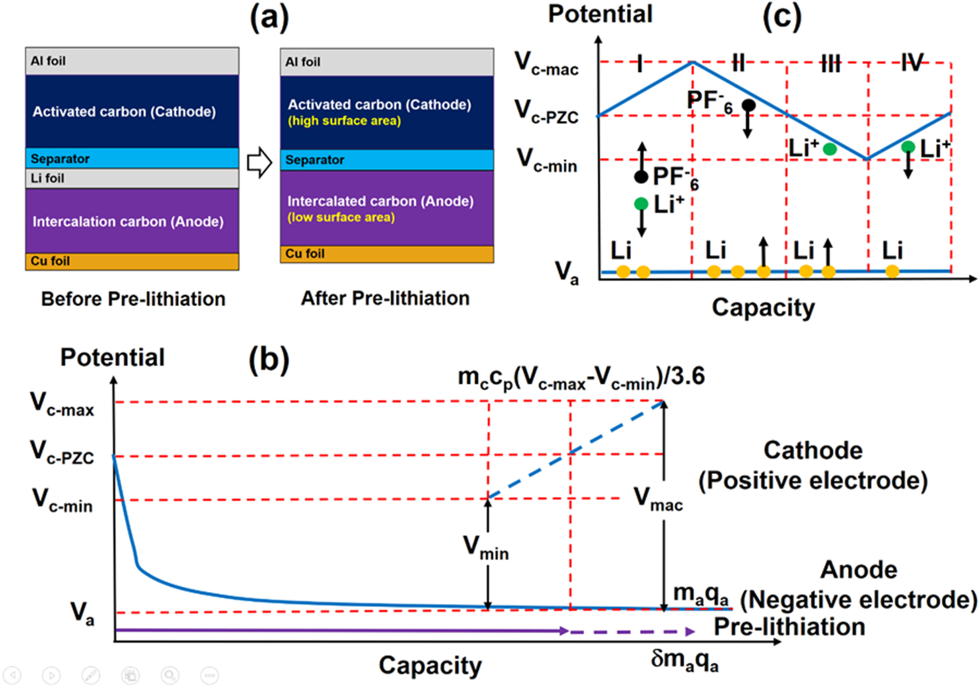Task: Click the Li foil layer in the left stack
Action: tap(132, 178)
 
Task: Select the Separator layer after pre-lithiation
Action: tap(387, 160)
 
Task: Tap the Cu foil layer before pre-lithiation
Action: tap(132, 261)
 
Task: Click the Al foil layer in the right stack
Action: tap(387, 62)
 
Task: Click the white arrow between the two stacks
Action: tap(260, 162)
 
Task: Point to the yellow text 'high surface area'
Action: tap(344, 121)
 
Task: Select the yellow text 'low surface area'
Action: tap(341, 218)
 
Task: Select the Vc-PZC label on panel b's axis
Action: tap(62, 452)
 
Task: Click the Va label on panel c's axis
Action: tap(566, 272)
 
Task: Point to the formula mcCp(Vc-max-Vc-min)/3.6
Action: tap(581, 377)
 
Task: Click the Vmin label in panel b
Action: tap(486, 548)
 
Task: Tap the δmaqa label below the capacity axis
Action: tap(684, 660)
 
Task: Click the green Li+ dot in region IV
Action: tap(908, 146)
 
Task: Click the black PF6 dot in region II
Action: tap(748, 106)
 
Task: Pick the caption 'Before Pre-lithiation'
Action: tap(133, 299)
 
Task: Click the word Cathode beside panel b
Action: tap(813, 450)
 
